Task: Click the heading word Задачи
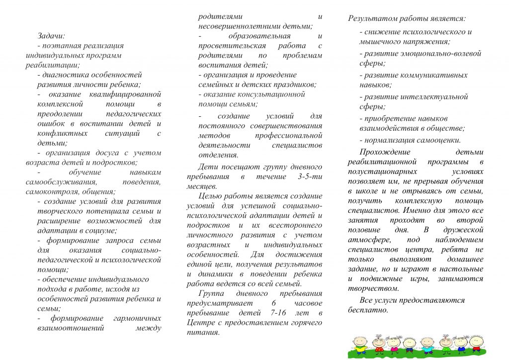point(51,36)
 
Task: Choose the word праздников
point(295,85)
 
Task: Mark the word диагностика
point(66,75)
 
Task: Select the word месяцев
point(201,186)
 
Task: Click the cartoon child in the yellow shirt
point(360,346)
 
